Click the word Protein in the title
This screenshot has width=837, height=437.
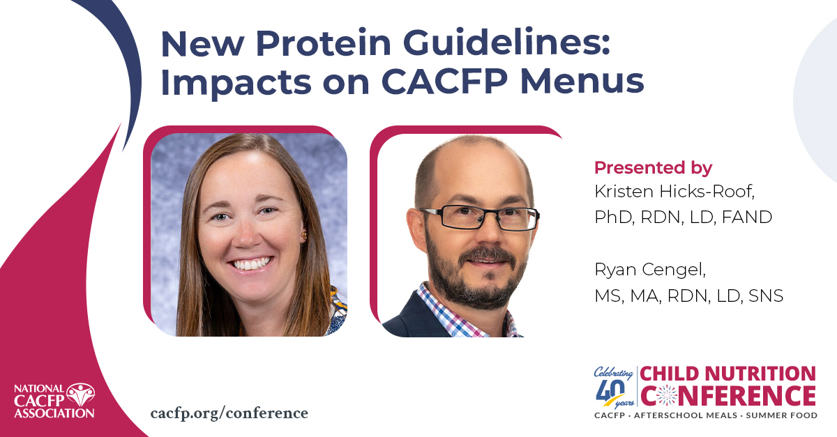pyautogui.click(x=324, y=44)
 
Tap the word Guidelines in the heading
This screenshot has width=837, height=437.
pyautogui.click(x=506, y=43)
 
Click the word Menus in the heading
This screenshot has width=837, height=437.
pyautogui.click(x=582, y=82)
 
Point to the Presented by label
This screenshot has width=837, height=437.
pyautogui.click(x=653, y=168)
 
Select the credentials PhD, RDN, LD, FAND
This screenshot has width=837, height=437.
pyautogui.click(x=683, y=217)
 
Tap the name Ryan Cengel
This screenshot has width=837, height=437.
pyautogui.click(x=650, y=270)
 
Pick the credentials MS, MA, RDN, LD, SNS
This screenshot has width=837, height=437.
pyautogui.click(x=688, y=296)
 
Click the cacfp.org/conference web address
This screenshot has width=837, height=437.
pyautogui.click(x=229, y=413)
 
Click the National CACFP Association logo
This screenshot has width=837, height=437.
pyautogui.click(x=54, y=400)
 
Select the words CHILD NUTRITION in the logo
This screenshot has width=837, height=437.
pyautogui.click(x=727, y=374)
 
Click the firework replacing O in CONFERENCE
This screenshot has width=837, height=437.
pyautogui.click(x=667, y=395)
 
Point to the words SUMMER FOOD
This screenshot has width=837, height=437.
pyautogui.click(x=782, y=415)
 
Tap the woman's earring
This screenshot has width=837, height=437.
pyautogui.click(x=304, y=236)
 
